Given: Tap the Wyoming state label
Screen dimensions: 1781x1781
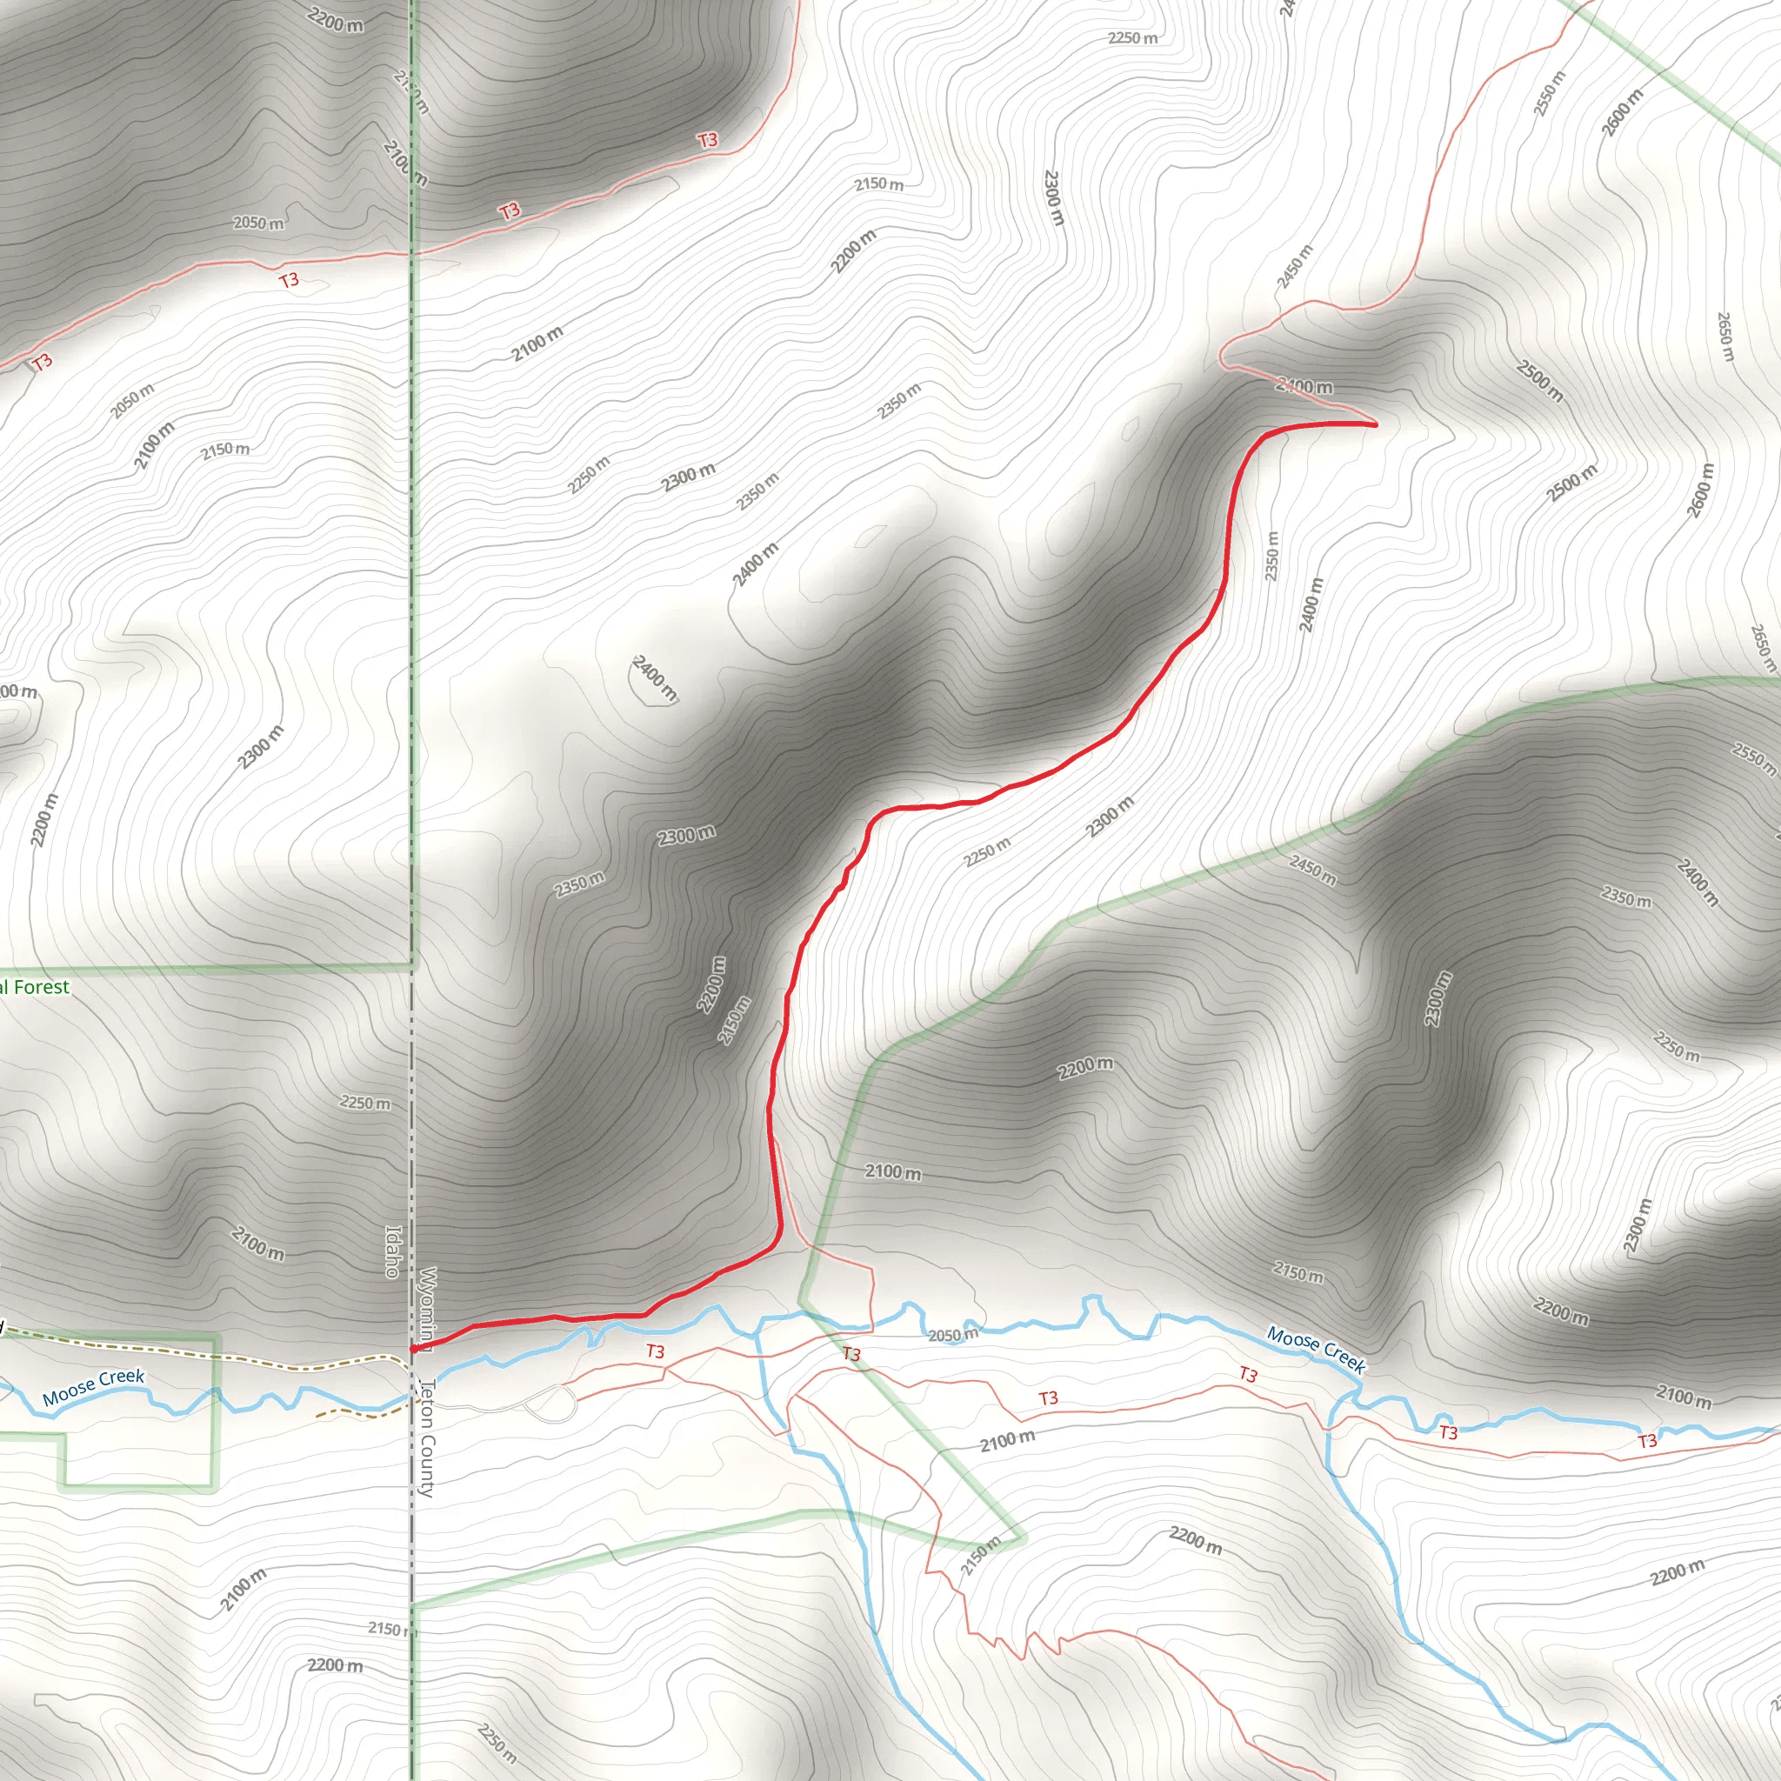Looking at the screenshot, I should coord(427,1306).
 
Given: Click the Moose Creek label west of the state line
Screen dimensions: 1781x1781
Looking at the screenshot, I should coord(93,1387).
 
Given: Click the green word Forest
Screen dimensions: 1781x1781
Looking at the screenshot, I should coord(42,987).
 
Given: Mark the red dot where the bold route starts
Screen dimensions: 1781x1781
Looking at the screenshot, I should coord(413,1349).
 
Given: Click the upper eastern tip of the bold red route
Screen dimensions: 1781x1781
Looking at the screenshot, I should coord(1376,424).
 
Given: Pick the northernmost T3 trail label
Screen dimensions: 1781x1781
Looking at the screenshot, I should coord(707,140).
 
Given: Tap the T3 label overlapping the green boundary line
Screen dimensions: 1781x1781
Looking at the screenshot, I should coord(850,1354).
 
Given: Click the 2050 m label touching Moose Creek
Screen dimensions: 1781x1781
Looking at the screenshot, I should coord(952,1335).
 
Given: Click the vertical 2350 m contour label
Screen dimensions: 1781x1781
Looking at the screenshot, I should coord(1272,555).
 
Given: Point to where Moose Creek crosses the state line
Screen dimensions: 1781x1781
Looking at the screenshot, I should coord(412,1397).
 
